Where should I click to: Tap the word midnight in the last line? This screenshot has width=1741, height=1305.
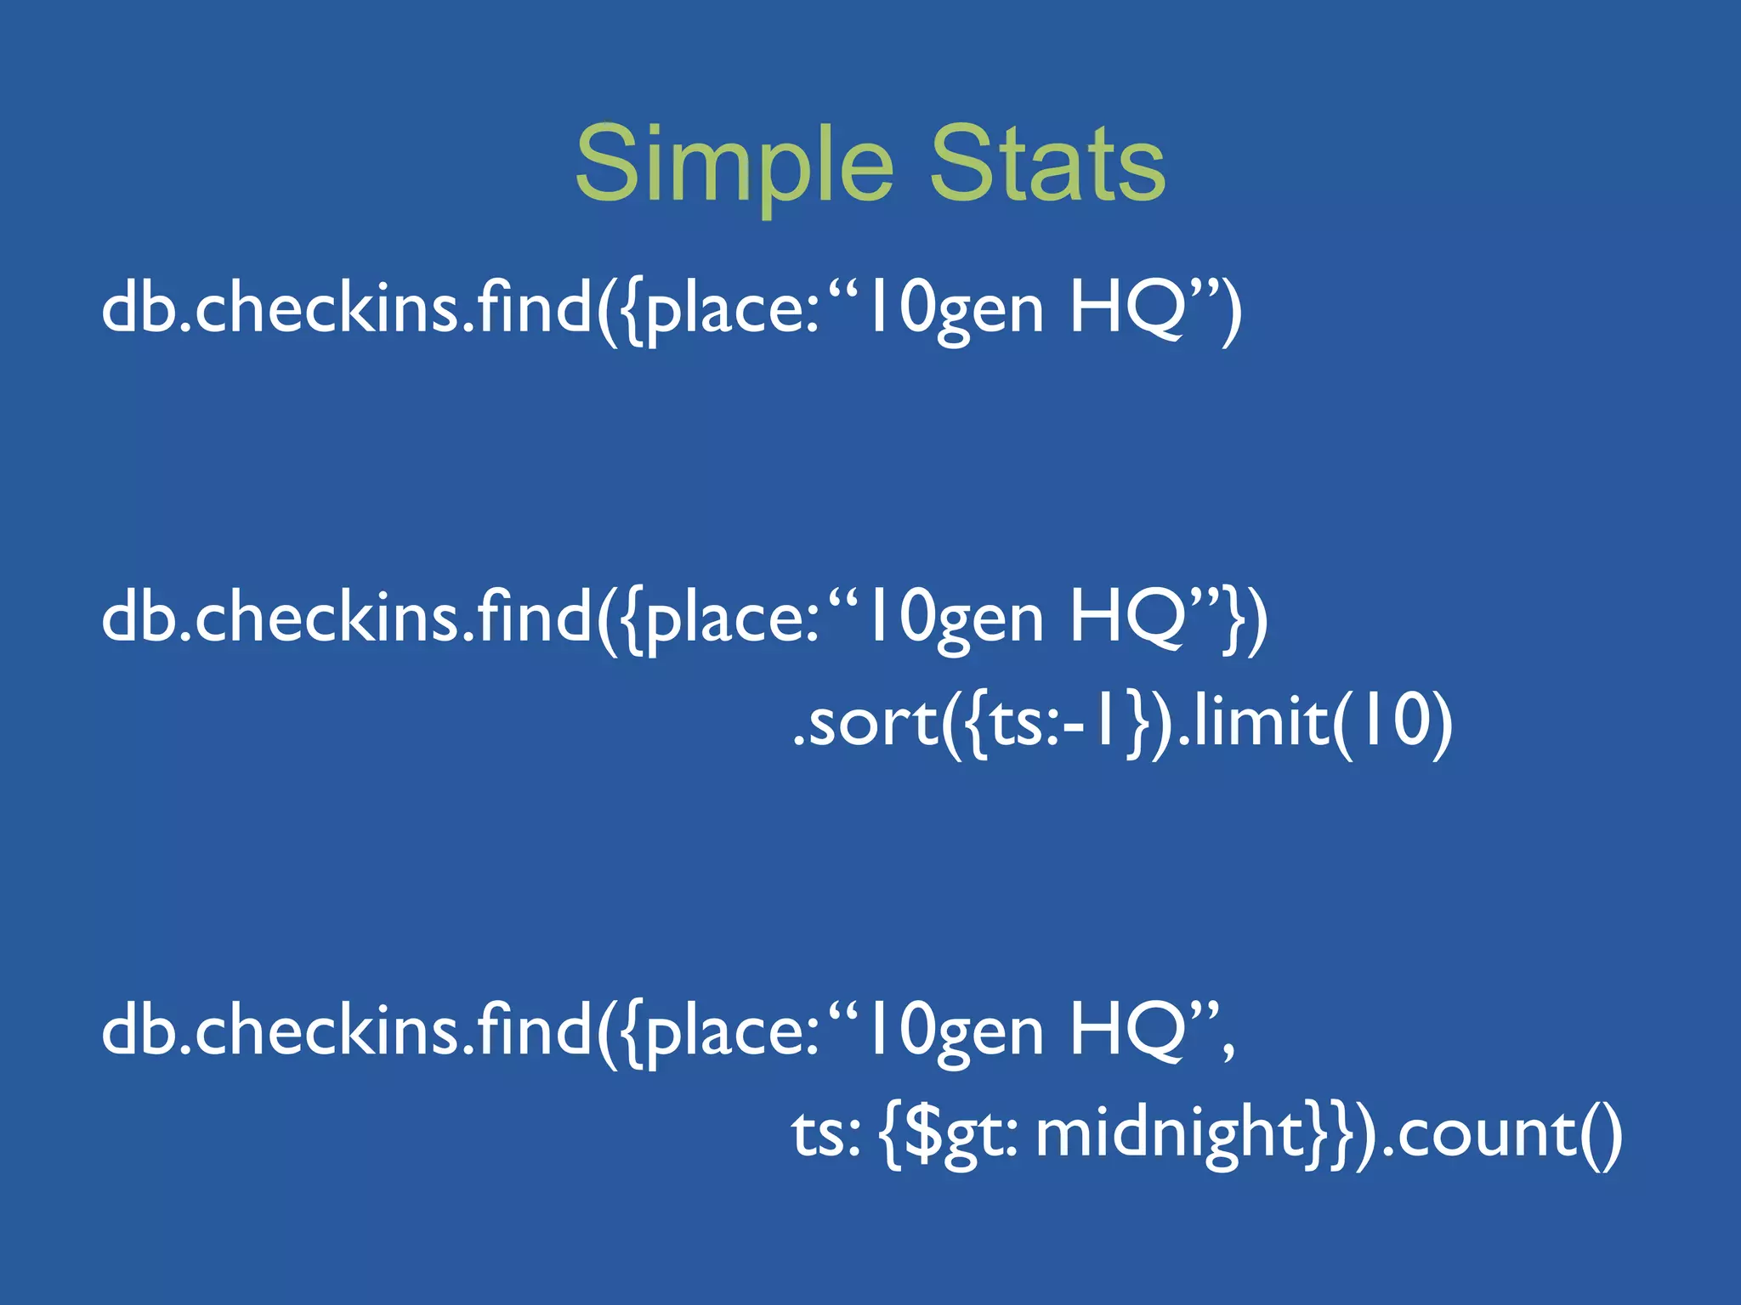pos(1170,1133)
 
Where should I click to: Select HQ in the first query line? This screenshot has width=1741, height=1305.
pos(1127,309)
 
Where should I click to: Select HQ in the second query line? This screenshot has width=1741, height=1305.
pos(1127,619)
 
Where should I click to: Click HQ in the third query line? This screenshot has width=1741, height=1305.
pos(1127,1031)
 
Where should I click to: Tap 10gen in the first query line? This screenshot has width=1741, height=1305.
pos(951,311)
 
